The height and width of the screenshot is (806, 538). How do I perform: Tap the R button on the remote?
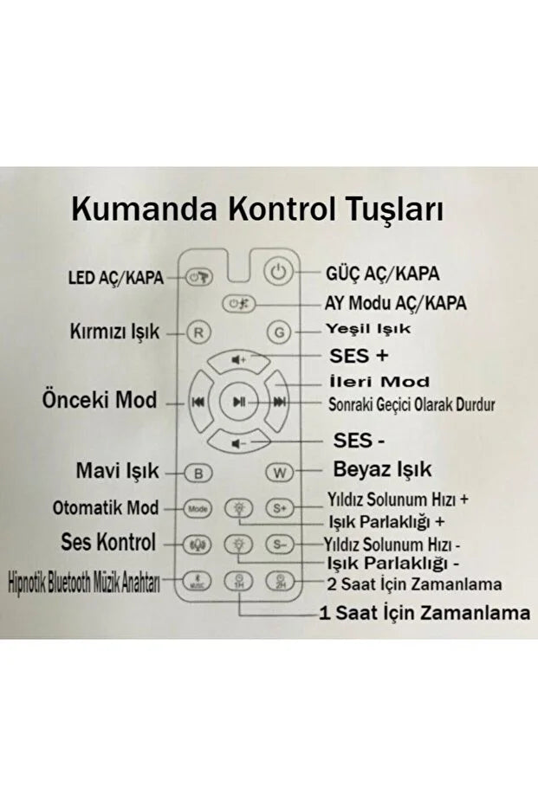pos(198,331)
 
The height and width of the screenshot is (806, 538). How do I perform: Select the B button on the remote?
pos(198,473)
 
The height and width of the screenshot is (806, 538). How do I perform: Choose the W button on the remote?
pos(279,473)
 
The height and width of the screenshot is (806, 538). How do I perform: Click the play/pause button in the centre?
pos(238,402)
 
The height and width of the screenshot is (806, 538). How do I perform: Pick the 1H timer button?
pos(238,581)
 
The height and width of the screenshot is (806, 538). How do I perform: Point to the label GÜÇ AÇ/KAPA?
pos(381,274)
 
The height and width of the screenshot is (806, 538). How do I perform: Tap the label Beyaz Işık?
pos(382,471)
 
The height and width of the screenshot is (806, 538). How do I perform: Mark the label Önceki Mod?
pos(100,401)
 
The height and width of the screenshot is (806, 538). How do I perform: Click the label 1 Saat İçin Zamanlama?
pos(425,613)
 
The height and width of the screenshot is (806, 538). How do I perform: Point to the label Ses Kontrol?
pos(108,543)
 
